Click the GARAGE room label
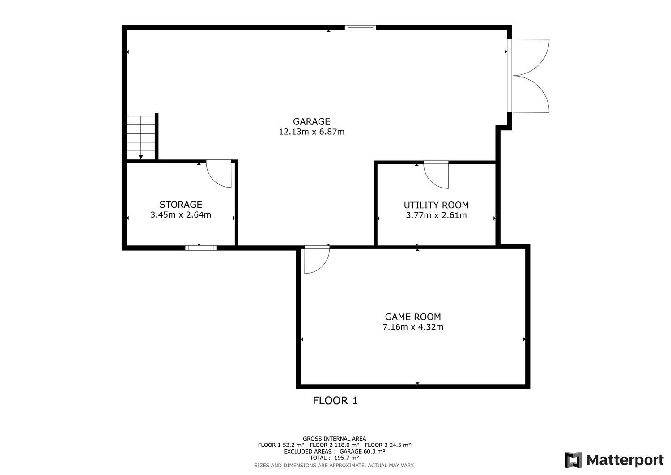(311, 121)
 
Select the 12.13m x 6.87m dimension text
(311, 132)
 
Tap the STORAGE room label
(181, 205)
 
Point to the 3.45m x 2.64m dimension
(181, 215)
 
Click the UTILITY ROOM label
(436, 205)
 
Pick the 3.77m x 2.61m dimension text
(436, 215)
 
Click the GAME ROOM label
(413, 317)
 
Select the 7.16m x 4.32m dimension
(413, 327)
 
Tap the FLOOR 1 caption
(335, 401)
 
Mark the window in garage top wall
(360, 27)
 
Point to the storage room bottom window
(201, 248)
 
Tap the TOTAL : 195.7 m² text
(334, 458)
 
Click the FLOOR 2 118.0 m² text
(334, 445)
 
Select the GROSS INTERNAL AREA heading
(334, 439)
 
